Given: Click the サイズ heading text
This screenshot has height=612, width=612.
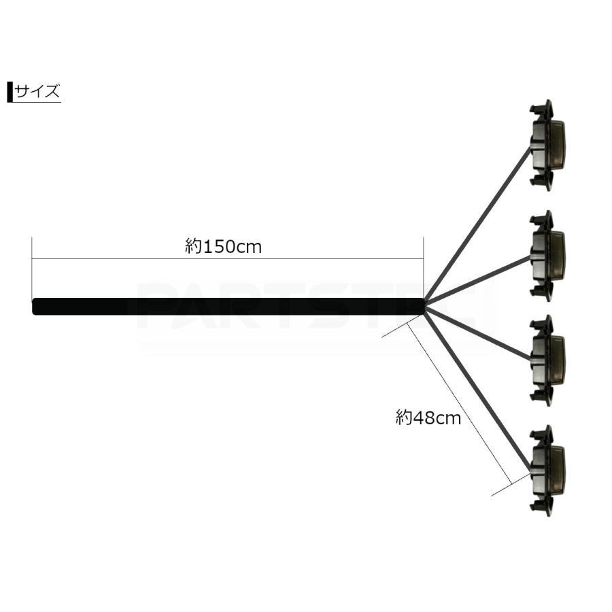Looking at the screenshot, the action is [x=37, y=92].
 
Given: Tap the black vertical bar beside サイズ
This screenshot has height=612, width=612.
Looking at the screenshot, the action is [x=10, y=92].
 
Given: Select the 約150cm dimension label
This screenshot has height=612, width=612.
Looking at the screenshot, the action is [x=223, y=247].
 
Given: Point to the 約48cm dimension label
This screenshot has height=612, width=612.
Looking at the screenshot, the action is [x=428, y=418].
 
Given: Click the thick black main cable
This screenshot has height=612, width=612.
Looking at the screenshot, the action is [x=228, y=307].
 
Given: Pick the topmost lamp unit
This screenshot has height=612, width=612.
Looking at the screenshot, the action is [x=547, y=146].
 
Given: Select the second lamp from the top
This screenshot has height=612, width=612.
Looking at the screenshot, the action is [x=547, y=256].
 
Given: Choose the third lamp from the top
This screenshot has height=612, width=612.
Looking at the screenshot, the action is [x=547, y=360].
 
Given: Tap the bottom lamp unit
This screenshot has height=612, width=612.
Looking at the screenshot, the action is [x=547, y=471].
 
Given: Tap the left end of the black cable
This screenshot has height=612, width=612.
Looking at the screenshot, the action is [x=33, y=307].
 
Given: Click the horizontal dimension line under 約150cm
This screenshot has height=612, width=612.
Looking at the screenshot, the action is [x=228, y=259].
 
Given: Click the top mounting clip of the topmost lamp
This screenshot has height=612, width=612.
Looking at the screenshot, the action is [x=543, y=109].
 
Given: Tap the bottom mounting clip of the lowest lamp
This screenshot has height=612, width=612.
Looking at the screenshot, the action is [x=543, y=507].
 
